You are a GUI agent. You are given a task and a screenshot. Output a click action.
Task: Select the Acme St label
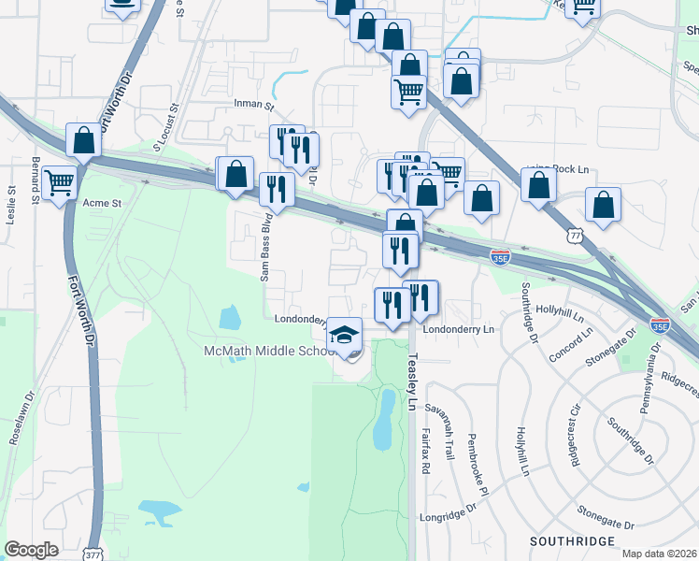103,203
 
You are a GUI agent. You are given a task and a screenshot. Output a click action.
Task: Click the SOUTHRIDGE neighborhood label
572,541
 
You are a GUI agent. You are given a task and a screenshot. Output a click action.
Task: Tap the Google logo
31,550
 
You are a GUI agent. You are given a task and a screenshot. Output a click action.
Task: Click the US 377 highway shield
92,553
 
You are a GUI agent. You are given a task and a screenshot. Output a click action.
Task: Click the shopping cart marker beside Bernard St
59,183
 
